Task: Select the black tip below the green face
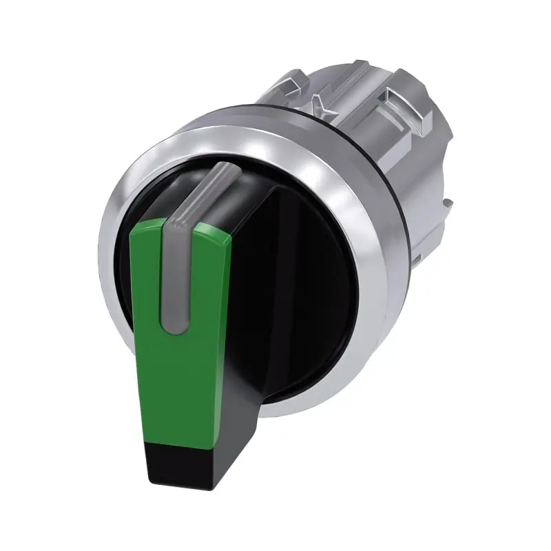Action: (172, 461)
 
